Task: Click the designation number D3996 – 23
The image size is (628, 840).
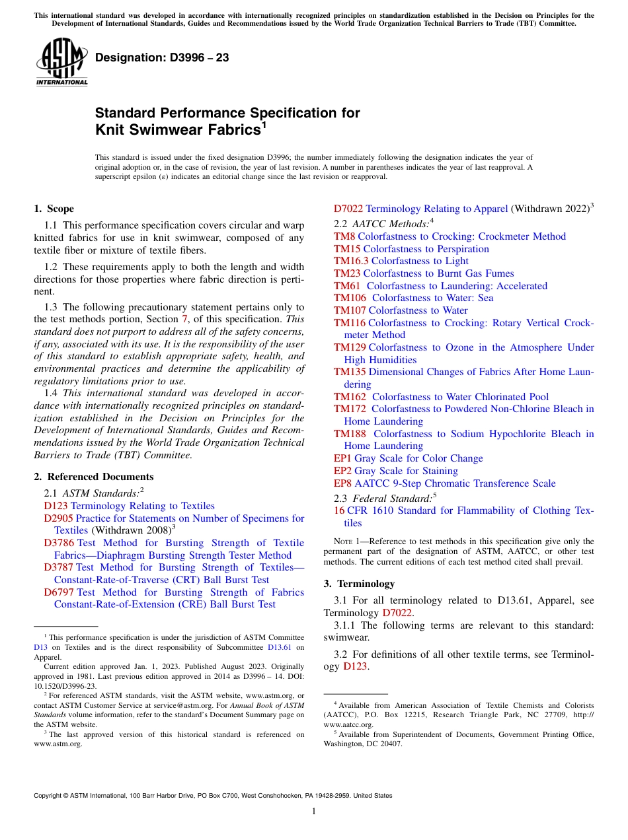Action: coord(162,58)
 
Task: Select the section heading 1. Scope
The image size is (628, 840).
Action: coord(54,209)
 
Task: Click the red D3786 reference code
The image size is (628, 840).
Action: coord(59,543)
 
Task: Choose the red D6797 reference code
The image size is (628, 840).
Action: coord(59,592)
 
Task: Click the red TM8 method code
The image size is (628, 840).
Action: coord(344,236)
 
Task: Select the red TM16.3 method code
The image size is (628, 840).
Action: coord(351,261)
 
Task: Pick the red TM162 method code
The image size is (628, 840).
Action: coord(350,397)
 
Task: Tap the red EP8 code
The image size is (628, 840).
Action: coord(342,483)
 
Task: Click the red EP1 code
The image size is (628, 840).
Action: coord(342,458)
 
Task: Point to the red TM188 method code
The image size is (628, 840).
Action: coord(350,434)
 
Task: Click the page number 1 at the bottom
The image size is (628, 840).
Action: coord(313,812)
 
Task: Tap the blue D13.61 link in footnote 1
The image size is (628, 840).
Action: coord(279,648)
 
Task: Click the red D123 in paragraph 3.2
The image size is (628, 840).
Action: coord(356,666)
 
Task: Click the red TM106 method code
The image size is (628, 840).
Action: coord(350,298)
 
